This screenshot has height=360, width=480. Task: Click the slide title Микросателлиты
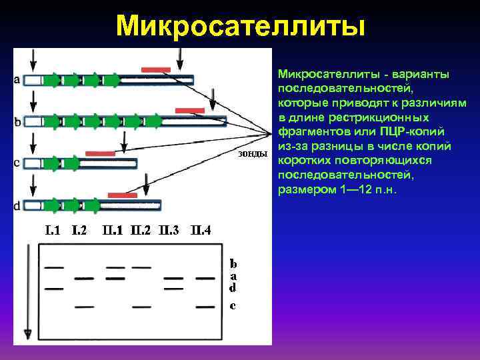[240, 27]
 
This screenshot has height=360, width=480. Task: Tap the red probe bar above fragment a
[156, 69]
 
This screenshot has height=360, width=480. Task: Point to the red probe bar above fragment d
[122, 195]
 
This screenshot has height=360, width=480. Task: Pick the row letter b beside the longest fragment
[17, 121]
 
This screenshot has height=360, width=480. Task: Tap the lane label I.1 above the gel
[53, 231]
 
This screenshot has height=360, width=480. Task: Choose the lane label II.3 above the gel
[170, 231]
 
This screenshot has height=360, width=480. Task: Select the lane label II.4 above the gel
[201, 231]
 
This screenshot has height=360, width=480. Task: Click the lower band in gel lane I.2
[83, 306]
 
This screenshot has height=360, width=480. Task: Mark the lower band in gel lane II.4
[205, 306]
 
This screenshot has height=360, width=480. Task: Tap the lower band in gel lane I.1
[53, 289]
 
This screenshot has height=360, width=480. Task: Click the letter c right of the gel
[232, 306]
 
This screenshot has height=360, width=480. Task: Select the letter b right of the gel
[233, 264]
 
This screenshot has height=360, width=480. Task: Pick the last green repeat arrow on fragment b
[154, 121]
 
